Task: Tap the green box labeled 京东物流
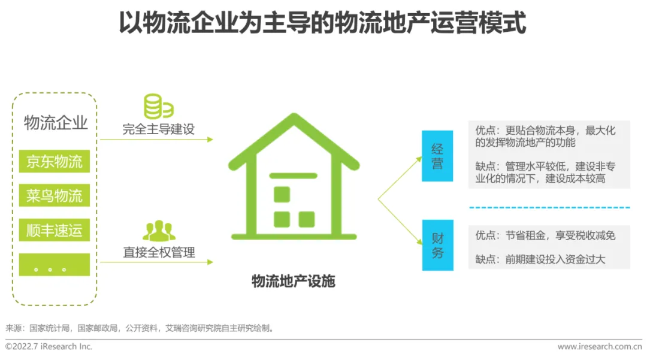[x=54, y=161]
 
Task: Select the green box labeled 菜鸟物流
[x=54, y=195]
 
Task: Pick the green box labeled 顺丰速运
[x=54, y=230]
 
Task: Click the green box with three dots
[x=54, y=265]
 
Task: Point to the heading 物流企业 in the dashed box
[x=56, y=123]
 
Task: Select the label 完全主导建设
[x=159, y=129]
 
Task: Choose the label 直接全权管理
[x=159, y=252]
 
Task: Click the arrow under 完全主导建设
[x=156, y=140]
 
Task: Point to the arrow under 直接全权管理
[x=156, y=262]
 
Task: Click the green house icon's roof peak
[x=293, y=119]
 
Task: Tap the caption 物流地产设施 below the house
[x=293, y=281]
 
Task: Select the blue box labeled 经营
[x=437, y=156]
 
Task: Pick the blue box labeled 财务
[x=437, y=245]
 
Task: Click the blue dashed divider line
[x=549, y=207]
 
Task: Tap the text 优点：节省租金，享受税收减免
[x=545, y=235]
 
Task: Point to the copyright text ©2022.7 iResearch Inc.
[x=49, y=346]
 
